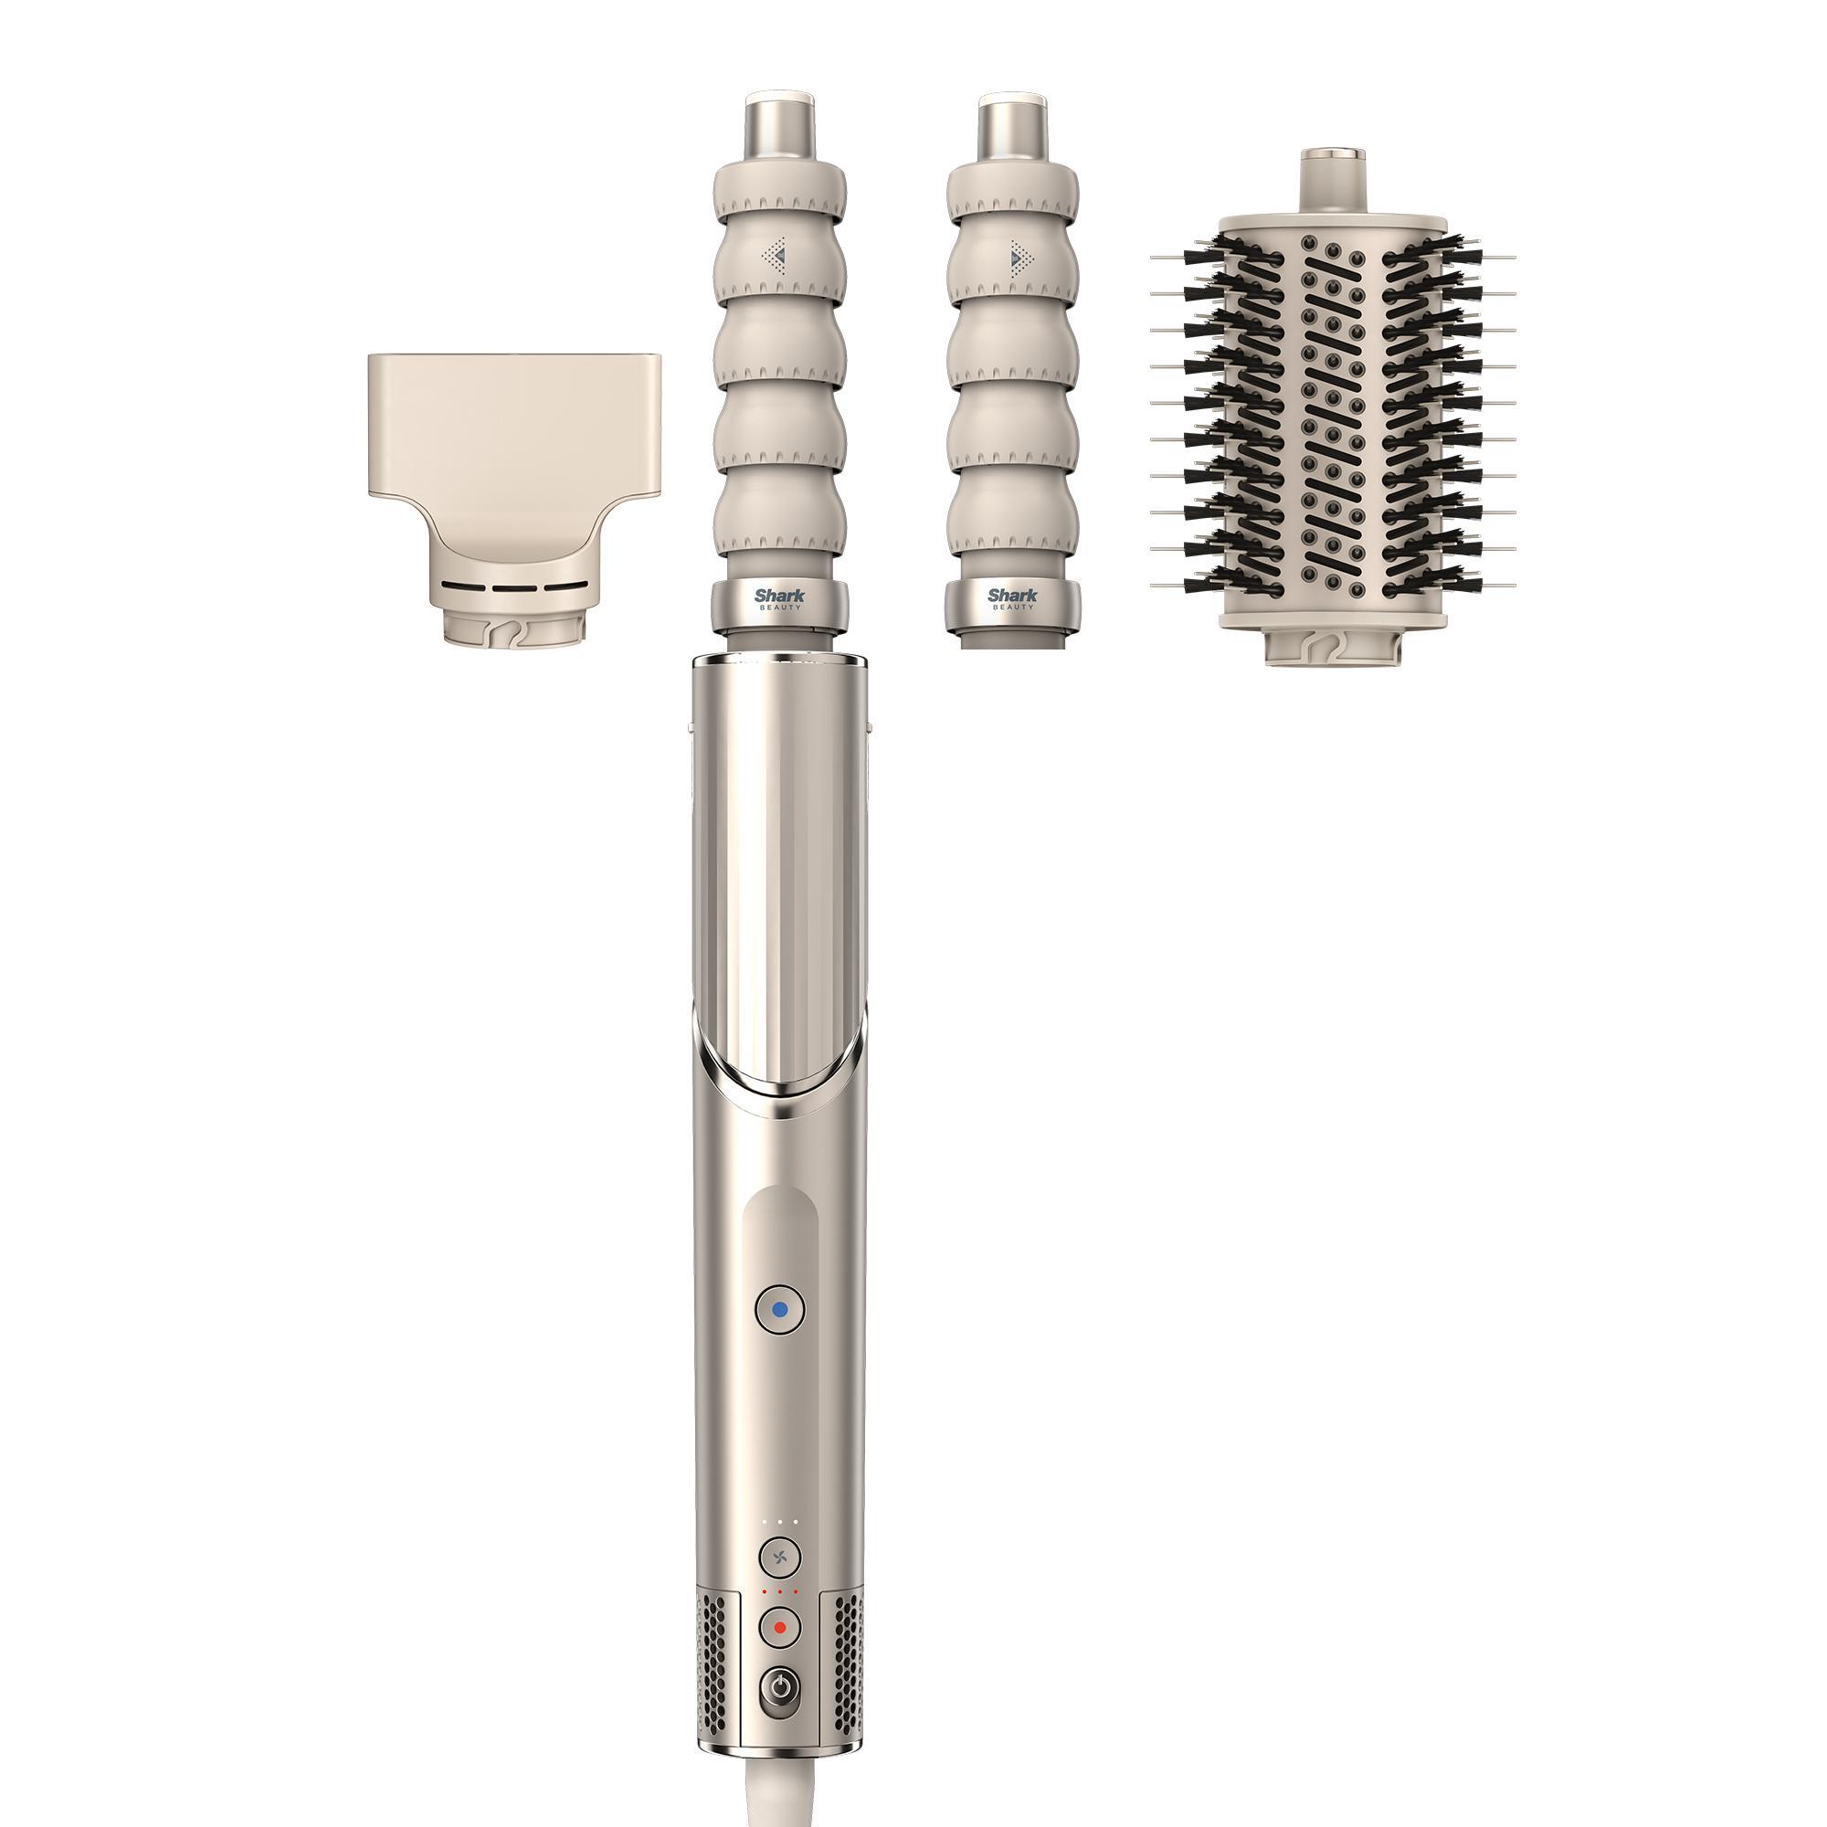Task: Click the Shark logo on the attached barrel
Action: (x=778, y=596)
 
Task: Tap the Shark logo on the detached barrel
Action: (x=1012, y=596)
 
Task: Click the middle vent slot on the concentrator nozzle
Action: (x=511, y=586)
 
